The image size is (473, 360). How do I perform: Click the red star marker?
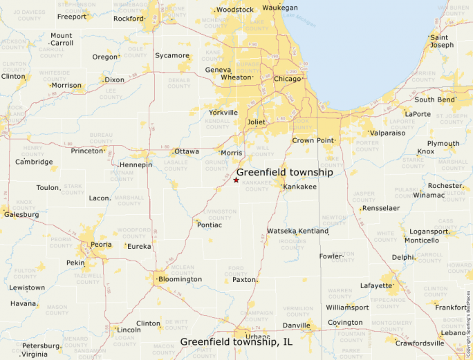236,180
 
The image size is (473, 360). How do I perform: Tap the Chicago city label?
288,79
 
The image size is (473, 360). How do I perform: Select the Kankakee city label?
299,187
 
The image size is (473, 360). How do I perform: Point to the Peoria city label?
101,245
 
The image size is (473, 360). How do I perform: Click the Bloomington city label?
180,279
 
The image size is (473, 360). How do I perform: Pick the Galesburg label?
21,214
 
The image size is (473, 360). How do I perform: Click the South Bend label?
434,100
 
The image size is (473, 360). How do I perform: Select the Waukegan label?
280,7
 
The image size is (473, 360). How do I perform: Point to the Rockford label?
128,19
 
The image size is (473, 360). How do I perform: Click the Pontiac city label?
210,225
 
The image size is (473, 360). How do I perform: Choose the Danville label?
296,325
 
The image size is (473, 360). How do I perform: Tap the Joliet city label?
256,122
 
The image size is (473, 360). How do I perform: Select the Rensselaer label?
381,207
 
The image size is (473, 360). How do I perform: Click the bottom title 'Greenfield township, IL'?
236,341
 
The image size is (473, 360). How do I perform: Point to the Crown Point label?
313,140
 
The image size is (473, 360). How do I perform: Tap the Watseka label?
281,231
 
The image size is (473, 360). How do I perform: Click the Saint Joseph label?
442,41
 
